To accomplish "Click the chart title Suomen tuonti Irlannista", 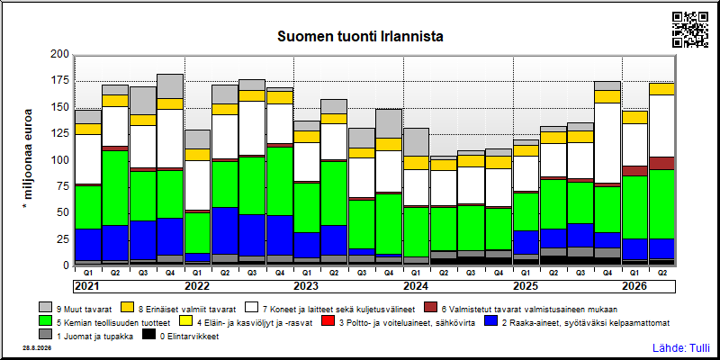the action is click(x=360, y=37).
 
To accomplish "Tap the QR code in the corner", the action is click(x=689, y=30).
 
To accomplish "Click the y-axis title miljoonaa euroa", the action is click(x=28, y=159).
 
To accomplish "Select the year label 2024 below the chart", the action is click(x=416, y=286).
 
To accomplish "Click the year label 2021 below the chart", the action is click(x=87, y=286).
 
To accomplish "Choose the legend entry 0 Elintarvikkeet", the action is click(x=181, y=336).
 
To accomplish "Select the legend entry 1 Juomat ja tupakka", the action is click(x=86, y=336).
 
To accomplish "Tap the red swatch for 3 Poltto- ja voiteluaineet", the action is click(x=328, y=322).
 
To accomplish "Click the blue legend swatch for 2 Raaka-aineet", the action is click(x=490, y=322).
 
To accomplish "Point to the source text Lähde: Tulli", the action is click(x=681, y=347).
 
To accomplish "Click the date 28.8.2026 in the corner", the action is click(x=36, y=348).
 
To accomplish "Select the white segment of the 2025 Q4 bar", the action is click(x=608, y=143).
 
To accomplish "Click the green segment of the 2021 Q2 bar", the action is click(x=115, y=188).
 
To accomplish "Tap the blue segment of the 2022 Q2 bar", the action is click(x=224, y=230).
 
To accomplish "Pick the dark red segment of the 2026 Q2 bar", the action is click(x=662, y=163).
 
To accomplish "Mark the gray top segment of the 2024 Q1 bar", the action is click(x=416, y=142).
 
